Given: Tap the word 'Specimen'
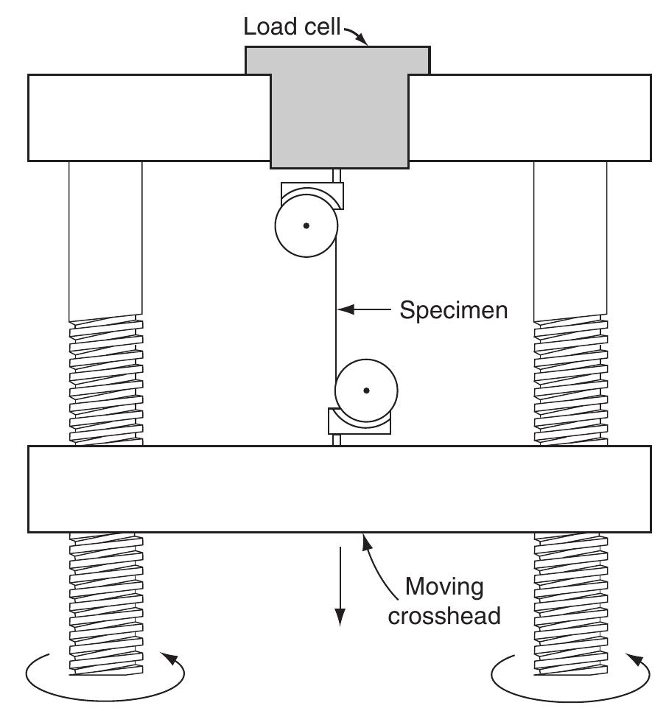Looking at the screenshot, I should coord(453,310).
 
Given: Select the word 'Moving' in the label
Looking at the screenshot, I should coord(445,587).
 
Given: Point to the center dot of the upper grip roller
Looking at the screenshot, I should coord(306,225).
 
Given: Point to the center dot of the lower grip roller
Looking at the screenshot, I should coord(366,390).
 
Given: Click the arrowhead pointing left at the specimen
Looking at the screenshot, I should coord(347,310).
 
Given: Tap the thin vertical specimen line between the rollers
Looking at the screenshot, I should coord(336,309).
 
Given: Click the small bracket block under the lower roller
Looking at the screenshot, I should coord(359,423).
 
